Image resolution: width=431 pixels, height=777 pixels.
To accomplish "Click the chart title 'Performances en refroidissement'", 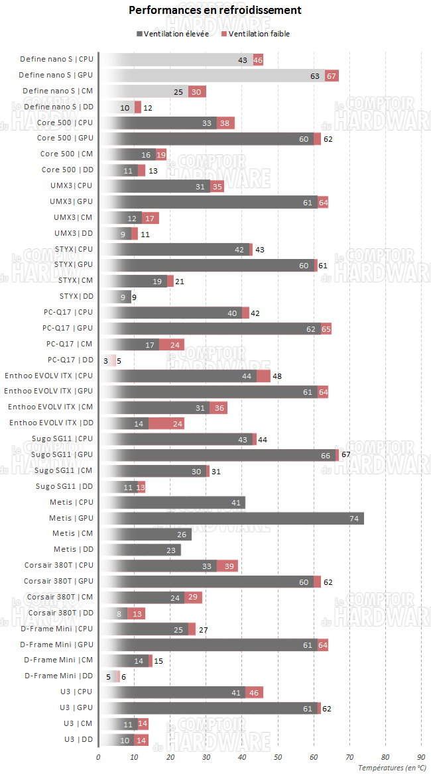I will [215, 10].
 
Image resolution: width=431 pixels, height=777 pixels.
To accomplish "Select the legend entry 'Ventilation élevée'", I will [172, 34].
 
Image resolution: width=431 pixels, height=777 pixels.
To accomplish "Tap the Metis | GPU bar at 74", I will [231, 518].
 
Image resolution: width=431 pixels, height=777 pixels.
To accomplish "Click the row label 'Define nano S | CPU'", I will [56, 60].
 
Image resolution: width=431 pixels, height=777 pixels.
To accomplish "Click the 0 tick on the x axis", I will [98, 756].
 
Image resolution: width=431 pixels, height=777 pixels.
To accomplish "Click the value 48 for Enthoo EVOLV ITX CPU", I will [277, 376].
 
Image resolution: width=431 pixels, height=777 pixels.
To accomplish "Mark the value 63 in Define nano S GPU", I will [315, 76].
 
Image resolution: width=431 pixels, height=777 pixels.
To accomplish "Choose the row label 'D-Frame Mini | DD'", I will [59, 676].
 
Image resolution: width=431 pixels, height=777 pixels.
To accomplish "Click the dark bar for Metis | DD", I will [139, 549].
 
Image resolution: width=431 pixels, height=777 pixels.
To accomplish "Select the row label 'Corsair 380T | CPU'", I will [58, 565].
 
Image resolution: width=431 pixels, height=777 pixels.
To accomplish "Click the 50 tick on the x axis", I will [278, 756].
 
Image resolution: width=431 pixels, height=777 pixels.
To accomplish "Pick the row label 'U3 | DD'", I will [79, 739].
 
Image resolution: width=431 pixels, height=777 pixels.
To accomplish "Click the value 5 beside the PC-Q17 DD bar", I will [119, 360].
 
